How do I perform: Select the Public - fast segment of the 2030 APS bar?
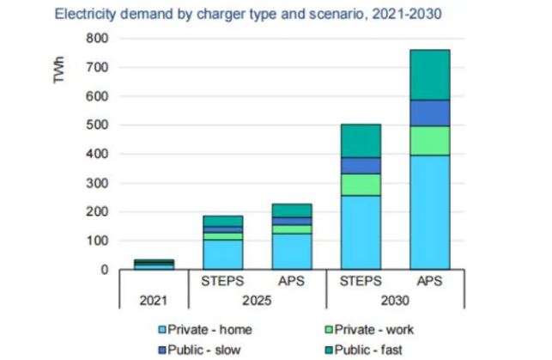429,75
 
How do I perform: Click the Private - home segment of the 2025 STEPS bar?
222,255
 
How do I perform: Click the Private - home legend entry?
207,329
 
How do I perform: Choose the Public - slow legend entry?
202,349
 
